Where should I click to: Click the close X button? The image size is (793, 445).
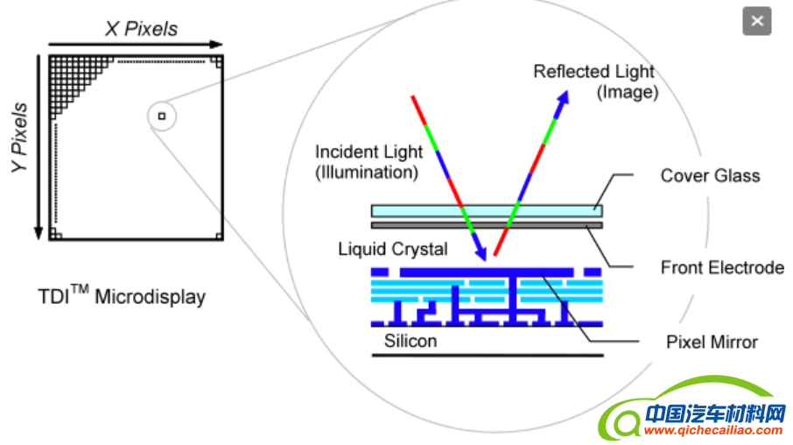757,21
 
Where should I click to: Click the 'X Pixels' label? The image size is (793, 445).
141,29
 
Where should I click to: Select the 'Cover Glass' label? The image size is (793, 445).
710,175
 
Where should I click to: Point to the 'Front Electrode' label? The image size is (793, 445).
721,267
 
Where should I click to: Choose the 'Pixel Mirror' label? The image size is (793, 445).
712,342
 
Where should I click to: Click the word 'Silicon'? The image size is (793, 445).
410,340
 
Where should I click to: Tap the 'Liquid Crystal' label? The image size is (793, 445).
393,249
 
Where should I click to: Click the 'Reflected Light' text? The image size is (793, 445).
594,72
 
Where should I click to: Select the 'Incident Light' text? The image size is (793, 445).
367,152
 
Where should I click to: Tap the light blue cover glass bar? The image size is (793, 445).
487,210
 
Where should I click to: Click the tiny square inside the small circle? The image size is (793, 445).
161,115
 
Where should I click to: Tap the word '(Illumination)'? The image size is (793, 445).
366,173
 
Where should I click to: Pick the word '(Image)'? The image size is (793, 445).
627,92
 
